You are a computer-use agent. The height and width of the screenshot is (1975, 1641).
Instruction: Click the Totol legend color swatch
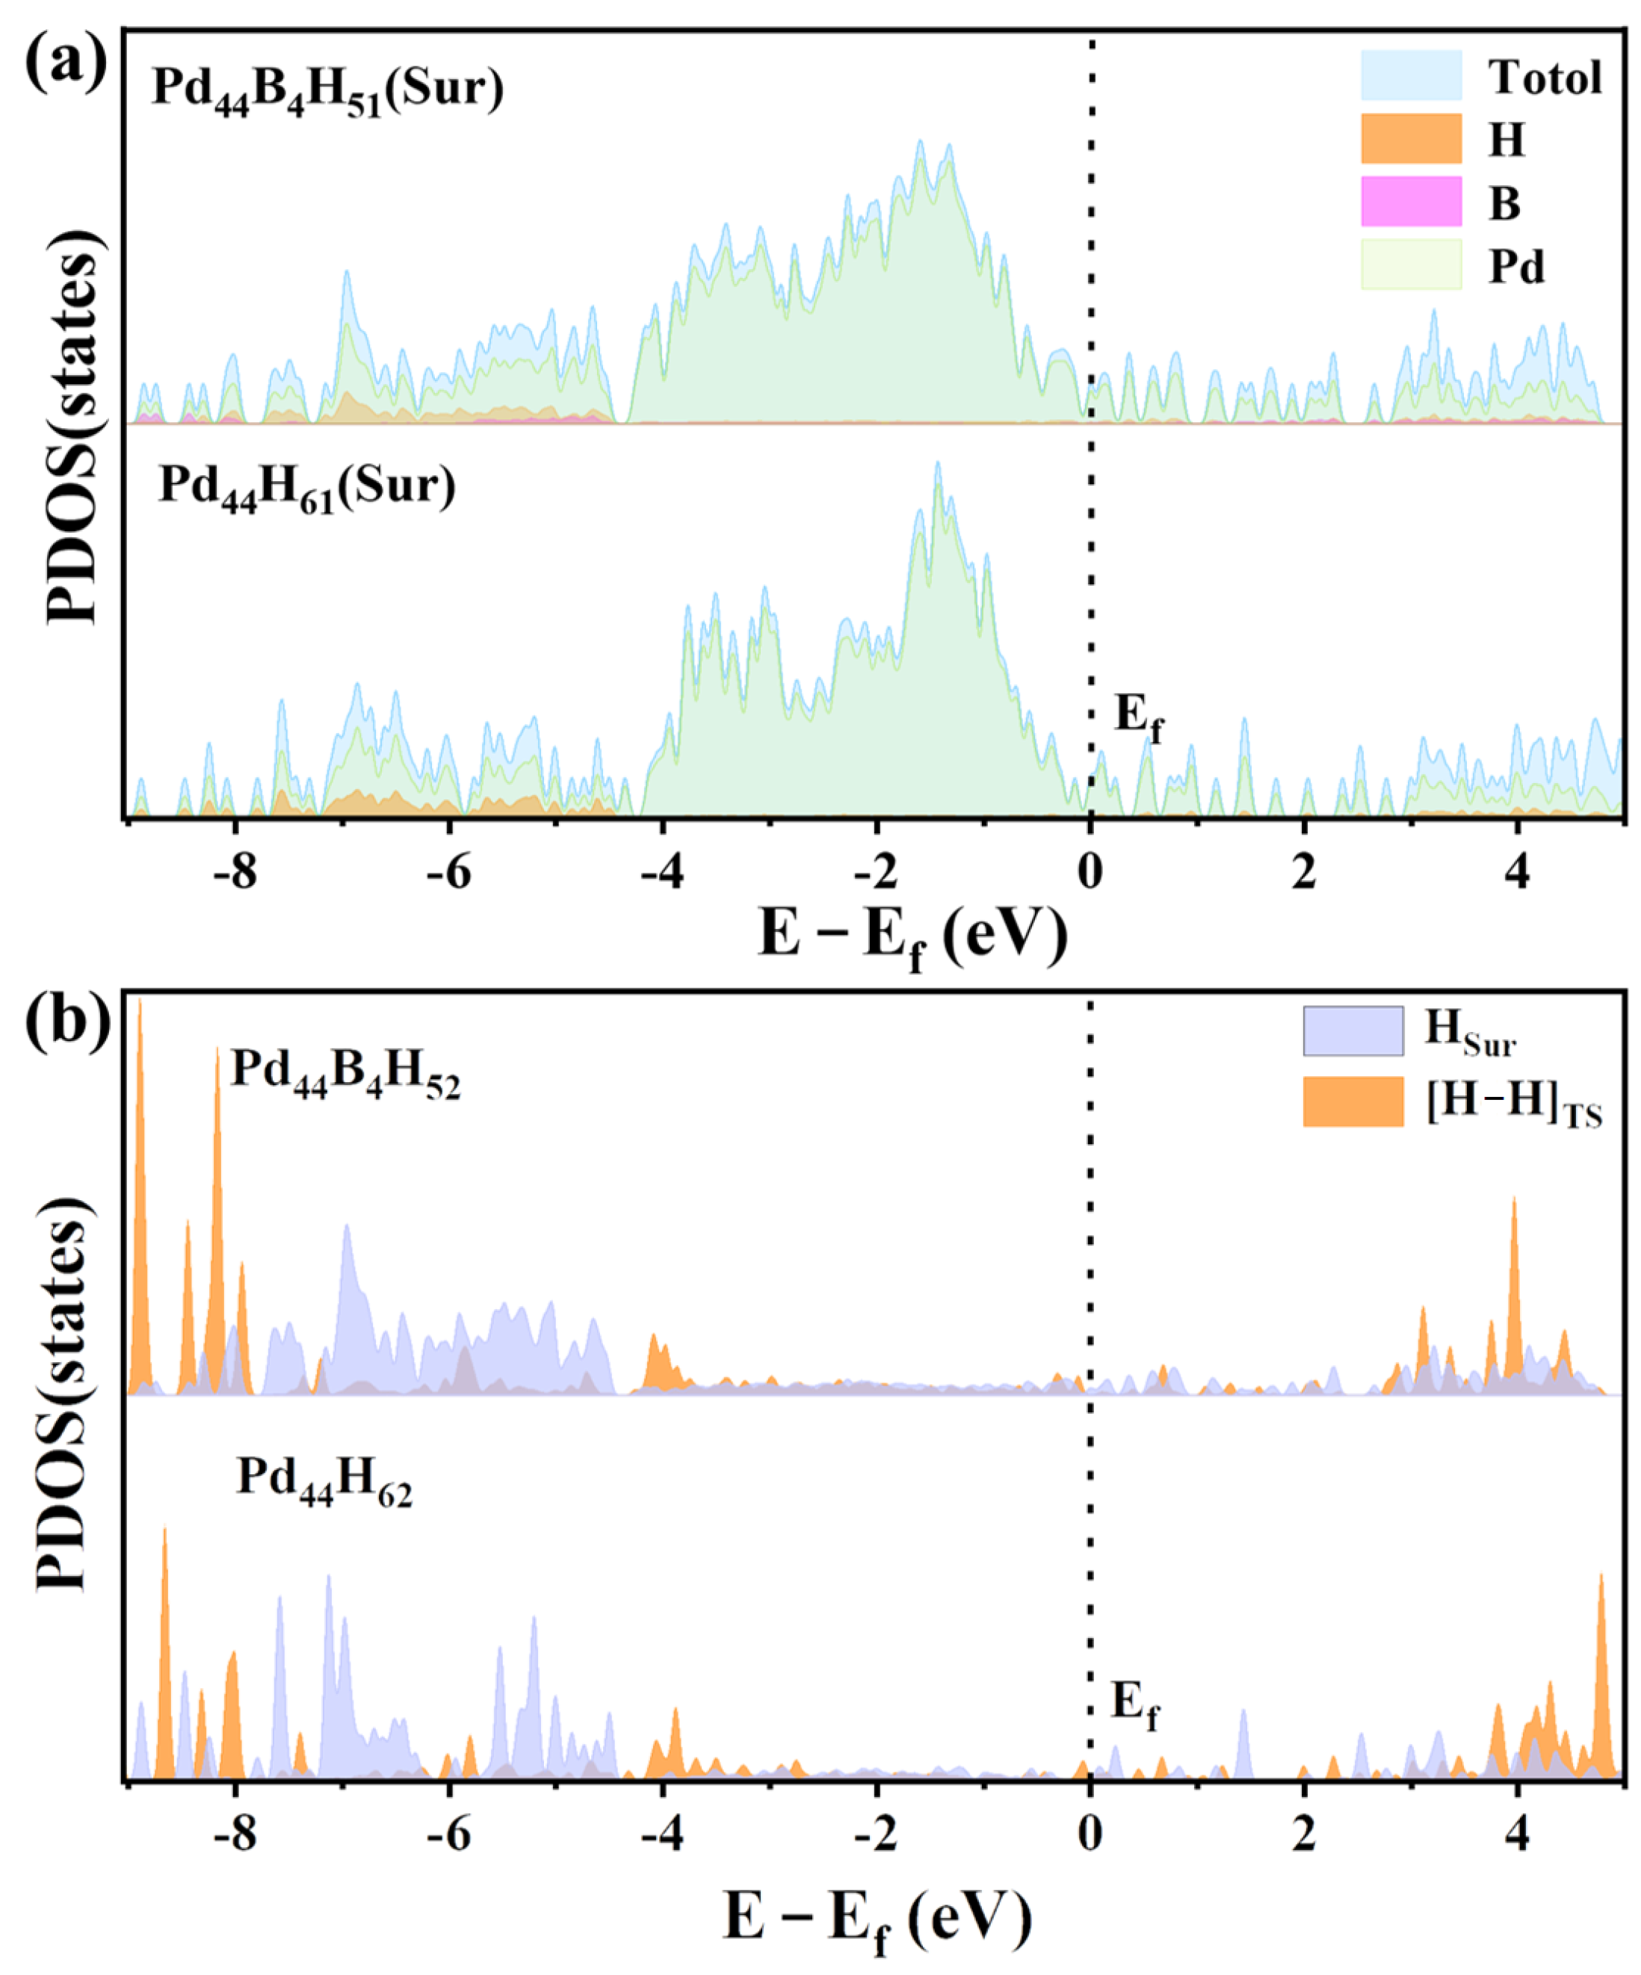point(1411,75)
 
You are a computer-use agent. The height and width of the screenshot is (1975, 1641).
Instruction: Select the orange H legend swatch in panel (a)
point(1411,139)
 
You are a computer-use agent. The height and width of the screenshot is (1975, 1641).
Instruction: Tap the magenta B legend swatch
point(1411,201)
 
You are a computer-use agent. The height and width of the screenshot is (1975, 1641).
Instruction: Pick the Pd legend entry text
point(1517,267)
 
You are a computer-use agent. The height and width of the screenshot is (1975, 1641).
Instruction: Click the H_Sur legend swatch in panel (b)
point(1353,1030)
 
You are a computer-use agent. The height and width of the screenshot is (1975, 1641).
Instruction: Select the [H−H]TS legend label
point(1513,1103)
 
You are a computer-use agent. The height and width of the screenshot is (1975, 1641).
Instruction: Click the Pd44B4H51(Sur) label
point(327,90)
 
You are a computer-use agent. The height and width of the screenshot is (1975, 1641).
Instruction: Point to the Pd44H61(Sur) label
point(306,488)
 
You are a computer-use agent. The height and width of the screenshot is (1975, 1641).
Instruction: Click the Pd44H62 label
point(324,1477)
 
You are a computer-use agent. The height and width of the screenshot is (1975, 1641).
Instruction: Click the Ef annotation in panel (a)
point(1138,717)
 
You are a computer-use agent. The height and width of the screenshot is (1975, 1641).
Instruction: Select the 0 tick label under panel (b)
point(1090,1835)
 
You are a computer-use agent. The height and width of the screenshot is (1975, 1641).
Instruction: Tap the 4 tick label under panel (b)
point(1517,1835)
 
